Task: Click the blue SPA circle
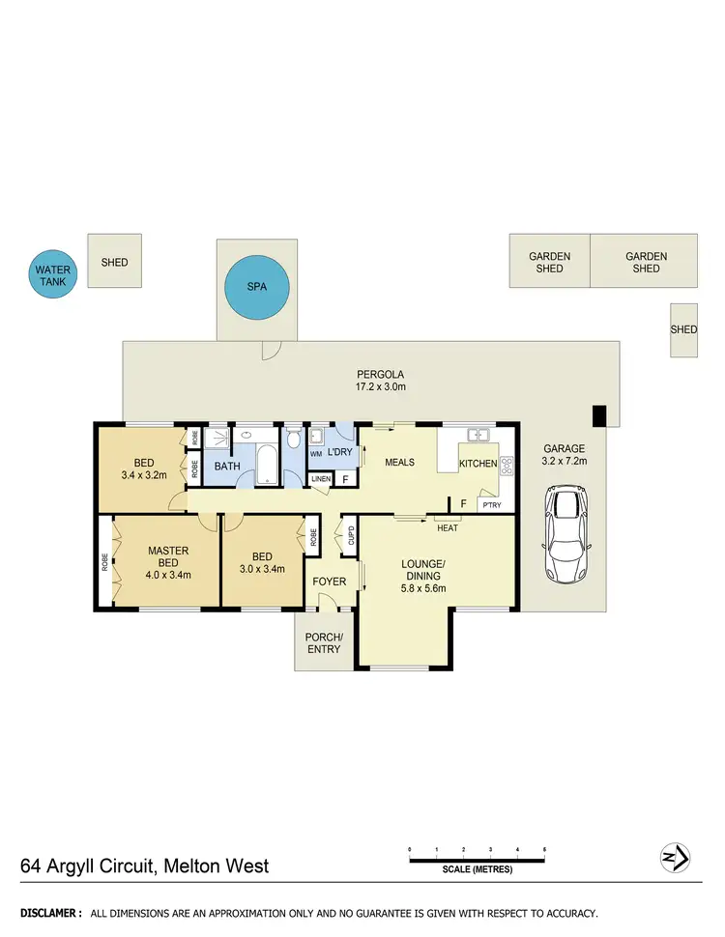257,287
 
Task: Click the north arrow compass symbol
674,857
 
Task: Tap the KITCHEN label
478,464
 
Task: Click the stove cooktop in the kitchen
505,464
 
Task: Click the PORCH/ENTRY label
323,642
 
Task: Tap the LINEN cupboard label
319,479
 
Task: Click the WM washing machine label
316,453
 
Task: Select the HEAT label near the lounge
447,527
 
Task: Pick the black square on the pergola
599,414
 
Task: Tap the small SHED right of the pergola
683,329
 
